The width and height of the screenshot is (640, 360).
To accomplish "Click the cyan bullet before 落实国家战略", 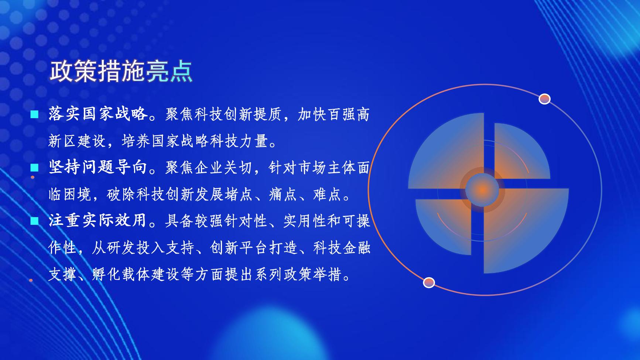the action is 34,114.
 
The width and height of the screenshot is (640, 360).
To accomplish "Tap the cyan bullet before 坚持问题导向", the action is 34,168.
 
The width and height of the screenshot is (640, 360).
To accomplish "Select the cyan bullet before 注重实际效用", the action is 34,221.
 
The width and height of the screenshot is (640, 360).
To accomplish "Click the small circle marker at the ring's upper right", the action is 545,99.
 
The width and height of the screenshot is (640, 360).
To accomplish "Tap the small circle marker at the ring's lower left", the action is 429,283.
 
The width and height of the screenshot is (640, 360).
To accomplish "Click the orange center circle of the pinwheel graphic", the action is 482,190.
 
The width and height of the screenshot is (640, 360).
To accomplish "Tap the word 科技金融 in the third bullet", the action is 342,247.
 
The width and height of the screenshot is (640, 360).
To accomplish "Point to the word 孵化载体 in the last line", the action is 121,274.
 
